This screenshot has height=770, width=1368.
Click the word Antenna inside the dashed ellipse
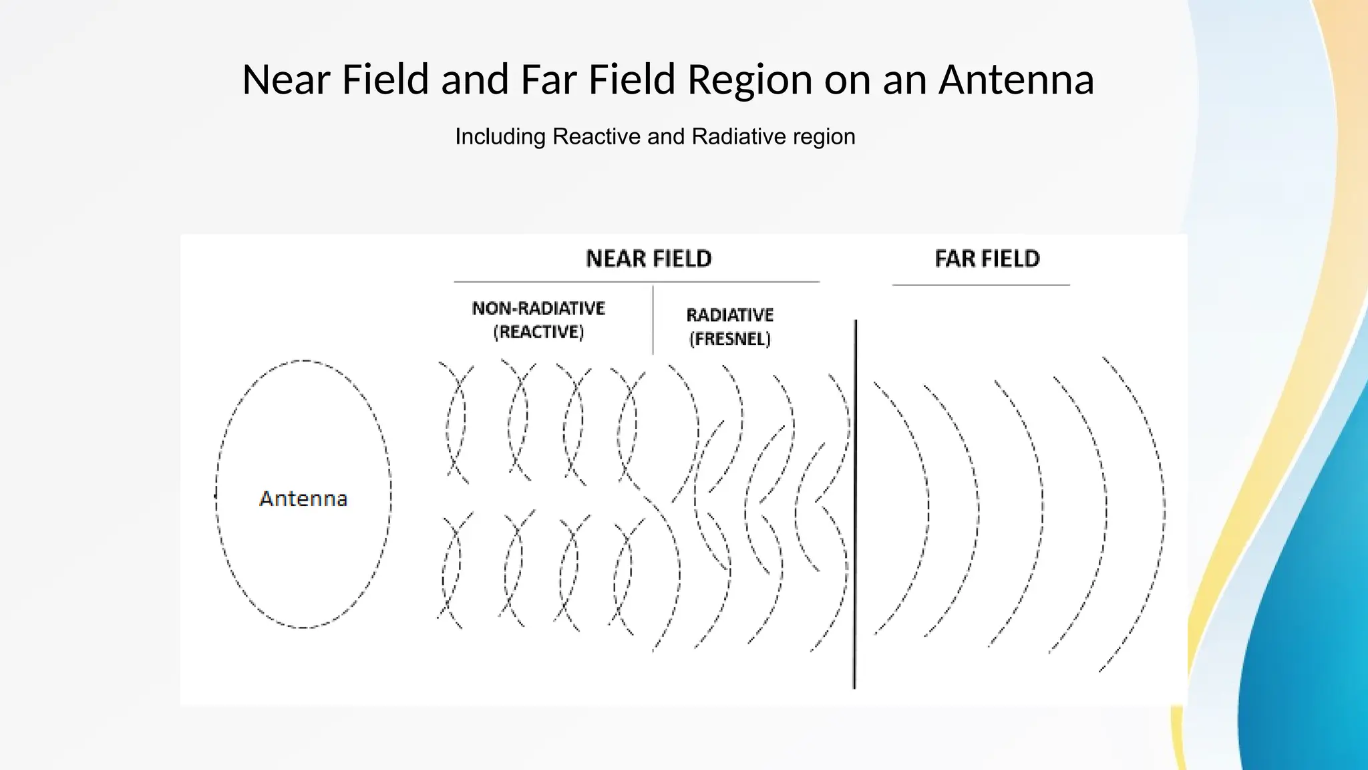click(303, 499)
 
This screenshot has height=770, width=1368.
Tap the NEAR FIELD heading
click(649, 259)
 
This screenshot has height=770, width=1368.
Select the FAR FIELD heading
click(987, 259)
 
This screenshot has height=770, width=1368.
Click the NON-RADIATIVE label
click(538, 308)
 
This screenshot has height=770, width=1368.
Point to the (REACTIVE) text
click(538, 332)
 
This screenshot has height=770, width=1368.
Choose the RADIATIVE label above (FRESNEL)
click(729, 315)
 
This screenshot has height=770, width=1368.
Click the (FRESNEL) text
click(729, 339)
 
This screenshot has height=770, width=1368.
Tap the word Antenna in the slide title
click(1016, 80)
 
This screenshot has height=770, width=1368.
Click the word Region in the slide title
click(749, 80)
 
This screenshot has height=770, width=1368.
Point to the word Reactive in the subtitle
click(596, 136)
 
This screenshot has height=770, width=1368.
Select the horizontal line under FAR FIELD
click(981, 285)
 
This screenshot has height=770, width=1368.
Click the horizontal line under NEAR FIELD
click(636, 282)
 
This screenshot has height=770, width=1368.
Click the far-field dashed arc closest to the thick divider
click(928, 508)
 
